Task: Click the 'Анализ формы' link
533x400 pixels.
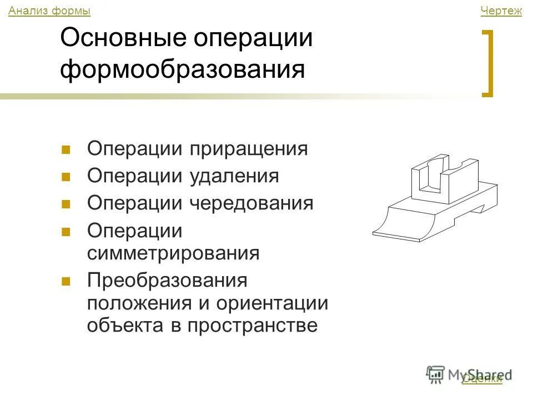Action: (x=49, y=11)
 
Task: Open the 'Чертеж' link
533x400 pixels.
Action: (x=501, y=11)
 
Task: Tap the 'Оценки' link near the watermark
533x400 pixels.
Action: (x=481, y=379)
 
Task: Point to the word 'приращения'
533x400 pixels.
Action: (x=249, y=149)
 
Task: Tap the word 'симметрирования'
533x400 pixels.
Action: (x=173, y=253)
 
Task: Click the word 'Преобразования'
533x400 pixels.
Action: (x=167, y=280)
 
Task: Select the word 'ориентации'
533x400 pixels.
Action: (x=272, y=303)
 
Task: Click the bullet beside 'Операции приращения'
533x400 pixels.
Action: (x=66, y=149)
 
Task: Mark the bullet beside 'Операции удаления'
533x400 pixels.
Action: (x=66, y=177)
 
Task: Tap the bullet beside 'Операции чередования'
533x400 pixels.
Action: (x=66, y=203)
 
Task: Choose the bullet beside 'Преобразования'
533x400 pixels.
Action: (x=66, y=281)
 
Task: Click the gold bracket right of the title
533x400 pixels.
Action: (x=488, y=64)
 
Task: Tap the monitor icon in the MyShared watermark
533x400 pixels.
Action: (x=436, y=373)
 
